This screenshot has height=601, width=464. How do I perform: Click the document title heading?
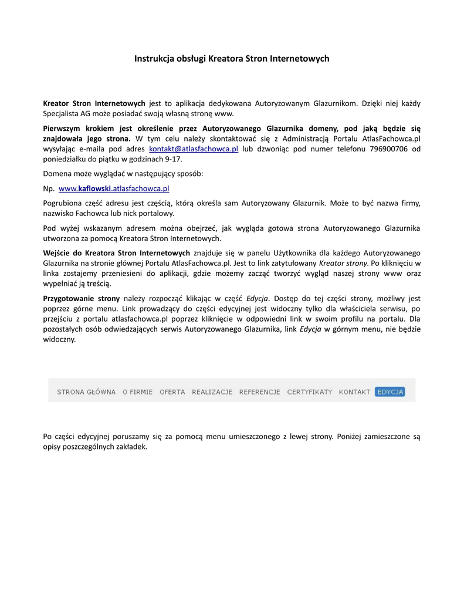pos(232,59)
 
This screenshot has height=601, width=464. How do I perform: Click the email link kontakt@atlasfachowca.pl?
pos(194,149)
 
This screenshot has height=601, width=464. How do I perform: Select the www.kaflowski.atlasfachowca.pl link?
pos(114,188)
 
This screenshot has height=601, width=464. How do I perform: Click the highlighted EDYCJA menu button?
pos(390,391)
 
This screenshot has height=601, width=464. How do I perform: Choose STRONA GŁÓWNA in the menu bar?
pos(86,391)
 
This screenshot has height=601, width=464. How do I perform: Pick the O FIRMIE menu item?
pos(137,391)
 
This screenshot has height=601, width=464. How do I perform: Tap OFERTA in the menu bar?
pos(172,391)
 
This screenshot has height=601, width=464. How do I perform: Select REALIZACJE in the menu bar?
pos(212,391)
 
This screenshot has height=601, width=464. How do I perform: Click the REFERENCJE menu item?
pos(259,391)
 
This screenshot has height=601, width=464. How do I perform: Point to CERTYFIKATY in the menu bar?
pos(309,391)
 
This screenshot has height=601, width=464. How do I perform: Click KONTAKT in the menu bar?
pos(354,391)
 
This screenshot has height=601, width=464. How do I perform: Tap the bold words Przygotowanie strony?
pos(81,298)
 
